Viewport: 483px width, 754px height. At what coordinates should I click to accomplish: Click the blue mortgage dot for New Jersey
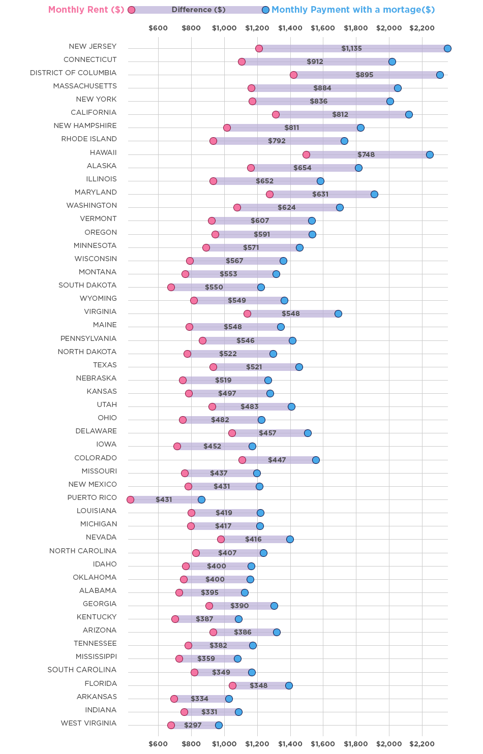pos(447,48)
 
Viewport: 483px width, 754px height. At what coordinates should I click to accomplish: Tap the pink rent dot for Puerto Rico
pos(130,499)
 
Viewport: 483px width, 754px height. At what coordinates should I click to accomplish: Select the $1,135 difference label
pos(351,48)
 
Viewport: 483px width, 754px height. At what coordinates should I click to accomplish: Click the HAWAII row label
pos(103,152)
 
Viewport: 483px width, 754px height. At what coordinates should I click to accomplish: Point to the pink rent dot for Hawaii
pos(306,154)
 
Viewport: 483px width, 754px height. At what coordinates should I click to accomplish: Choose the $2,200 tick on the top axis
pos(421,28)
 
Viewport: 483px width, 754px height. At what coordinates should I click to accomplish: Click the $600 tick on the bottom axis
pos(158,744)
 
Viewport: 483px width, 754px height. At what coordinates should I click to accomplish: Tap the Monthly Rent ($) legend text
pos(86,10)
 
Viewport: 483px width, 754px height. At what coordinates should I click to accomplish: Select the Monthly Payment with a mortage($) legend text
pos(353,10)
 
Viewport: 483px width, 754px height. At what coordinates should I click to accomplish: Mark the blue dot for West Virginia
pos(219,725)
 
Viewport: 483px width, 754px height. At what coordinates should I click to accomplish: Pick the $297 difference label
pos(193,725)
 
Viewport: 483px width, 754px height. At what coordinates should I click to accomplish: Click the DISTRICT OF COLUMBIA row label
pos(73,73)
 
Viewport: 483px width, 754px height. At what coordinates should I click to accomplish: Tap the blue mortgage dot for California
pos(409,114)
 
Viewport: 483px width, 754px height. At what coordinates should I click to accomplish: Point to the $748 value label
pos(366,154)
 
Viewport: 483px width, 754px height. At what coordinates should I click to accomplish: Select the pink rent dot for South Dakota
pos(171,287)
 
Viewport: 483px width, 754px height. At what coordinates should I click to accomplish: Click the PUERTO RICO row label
pos(92,497)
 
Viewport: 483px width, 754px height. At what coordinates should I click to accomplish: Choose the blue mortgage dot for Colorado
pos(316,460)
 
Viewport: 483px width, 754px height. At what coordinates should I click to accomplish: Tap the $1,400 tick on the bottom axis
pos(290,744)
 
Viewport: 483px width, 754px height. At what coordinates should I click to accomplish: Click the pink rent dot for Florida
pos(232,685)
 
